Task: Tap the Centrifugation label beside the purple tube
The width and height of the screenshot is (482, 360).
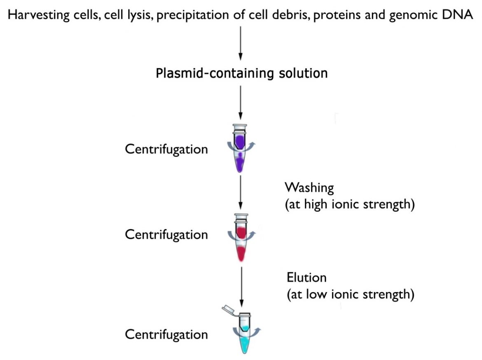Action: tap(166, 149)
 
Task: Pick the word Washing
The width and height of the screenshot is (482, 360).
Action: tap(309, 188)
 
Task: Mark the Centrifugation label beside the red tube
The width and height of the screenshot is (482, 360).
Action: tap(166, 234)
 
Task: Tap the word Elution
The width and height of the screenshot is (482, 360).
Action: tap(307, 278)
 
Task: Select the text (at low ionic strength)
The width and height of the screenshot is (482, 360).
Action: tap(350, 295)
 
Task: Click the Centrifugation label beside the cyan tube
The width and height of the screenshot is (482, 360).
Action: tap(166, 334)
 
